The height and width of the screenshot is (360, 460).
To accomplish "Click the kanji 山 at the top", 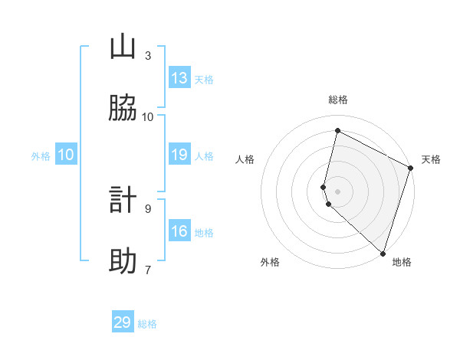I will [123, 47].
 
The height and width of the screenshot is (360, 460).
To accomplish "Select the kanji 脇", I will [123, 110].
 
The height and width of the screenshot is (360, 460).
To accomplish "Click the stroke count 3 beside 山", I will [148, 56].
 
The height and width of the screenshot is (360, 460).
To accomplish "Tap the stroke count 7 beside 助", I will [148, 270].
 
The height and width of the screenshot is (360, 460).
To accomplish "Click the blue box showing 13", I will [179, 78].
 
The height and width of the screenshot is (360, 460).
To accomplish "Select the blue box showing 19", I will [179, 155].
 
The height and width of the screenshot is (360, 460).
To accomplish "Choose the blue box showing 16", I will [179, 231].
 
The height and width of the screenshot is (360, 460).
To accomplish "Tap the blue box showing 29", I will [123, 322].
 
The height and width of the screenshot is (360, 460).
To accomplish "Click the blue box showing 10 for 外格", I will [66, 155].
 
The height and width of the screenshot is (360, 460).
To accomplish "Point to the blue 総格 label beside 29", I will [147, 324].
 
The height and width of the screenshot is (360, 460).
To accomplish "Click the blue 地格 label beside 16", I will [204, 233].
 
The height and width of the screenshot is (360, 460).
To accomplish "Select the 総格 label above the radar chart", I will [338, 100].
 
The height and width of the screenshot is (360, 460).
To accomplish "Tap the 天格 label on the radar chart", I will [431, 159].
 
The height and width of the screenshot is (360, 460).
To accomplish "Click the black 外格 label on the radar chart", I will [270, 262].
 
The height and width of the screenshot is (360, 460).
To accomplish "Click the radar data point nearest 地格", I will [383, 252].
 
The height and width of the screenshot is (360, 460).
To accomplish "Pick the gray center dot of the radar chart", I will [337, 191].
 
